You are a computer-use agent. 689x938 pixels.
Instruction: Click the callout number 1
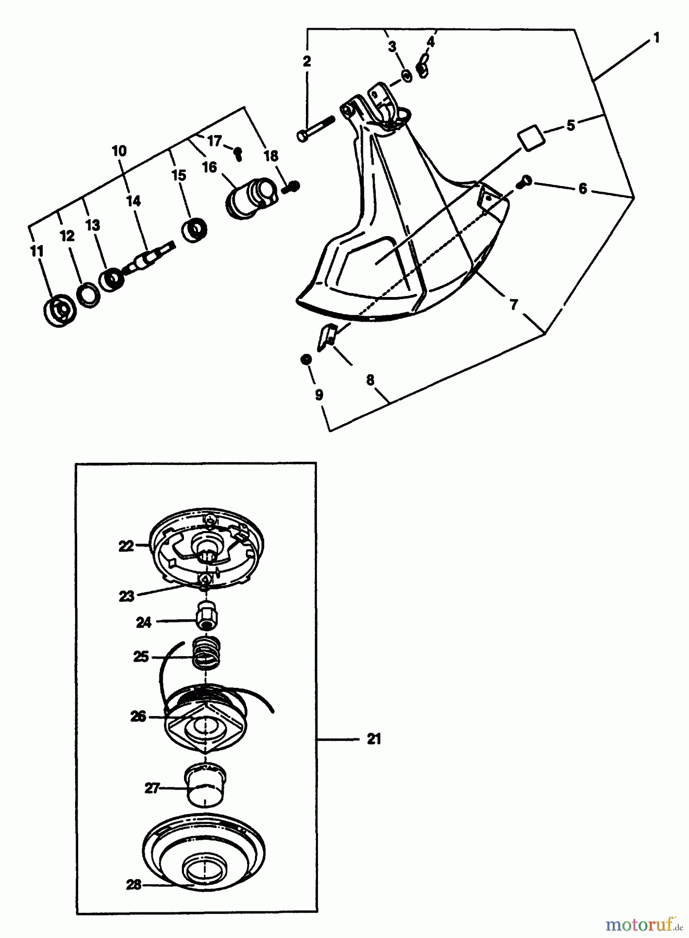coord(656,38)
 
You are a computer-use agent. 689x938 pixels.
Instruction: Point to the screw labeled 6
coord(524,181)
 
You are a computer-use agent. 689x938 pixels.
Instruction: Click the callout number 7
coord(514,304)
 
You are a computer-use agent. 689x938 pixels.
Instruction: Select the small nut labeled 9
coord(306,360)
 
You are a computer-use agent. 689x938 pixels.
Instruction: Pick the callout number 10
coord(119,151)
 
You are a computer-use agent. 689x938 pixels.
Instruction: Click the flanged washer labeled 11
coord(59,312)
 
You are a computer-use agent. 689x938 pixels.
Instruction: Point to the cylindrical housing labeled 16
coord(249,198)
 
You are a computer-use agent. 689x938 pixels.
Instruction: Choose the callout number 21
coord(374,739)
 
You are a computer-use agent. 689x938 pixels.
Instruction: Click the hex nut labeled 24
coord(207,617)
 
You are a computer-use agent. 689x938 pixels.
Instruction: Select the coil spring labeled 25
coord(207,654)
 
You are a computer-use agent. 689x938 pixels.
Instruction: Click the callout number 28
coord(134,884)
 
